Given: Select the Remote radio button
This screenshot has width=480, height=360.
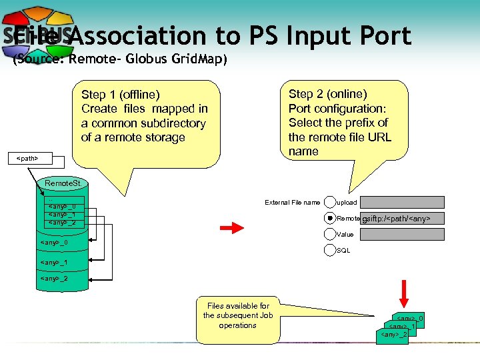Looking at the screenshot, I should pos(330,218).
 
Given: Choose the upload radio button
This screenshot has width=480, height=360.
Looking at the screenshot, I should pos(330,202).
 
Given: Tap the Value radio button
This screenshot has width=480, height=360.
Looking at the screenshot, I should pos(330,234).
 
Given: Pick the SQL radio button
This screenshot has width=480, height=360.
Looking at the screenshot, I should pos(330,250).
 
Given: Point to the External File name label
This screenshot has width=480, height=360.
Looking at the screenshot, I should pos(292,203).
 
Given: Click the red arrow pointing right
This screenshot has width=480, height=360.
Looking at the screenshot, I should pos(232,229).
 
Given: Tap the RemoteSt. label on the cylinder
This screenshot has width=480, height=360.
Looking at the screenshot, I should pos(62,183).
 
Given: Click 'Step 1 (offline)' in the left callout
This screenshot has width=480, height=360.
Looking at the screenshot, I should pos(120,95).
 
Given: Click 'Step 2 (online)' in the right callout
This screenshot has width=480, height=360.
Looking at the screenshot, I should pos(327,94).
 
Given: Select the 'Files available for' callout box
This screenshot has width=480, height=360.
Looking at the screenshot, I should pos(237,319).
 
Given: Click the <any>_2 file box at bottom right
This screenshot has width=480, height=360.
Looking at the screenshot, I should pos(393,334).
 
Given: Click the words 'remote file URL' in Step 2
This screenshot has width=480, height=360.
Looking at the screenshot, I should pos(340,137).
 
